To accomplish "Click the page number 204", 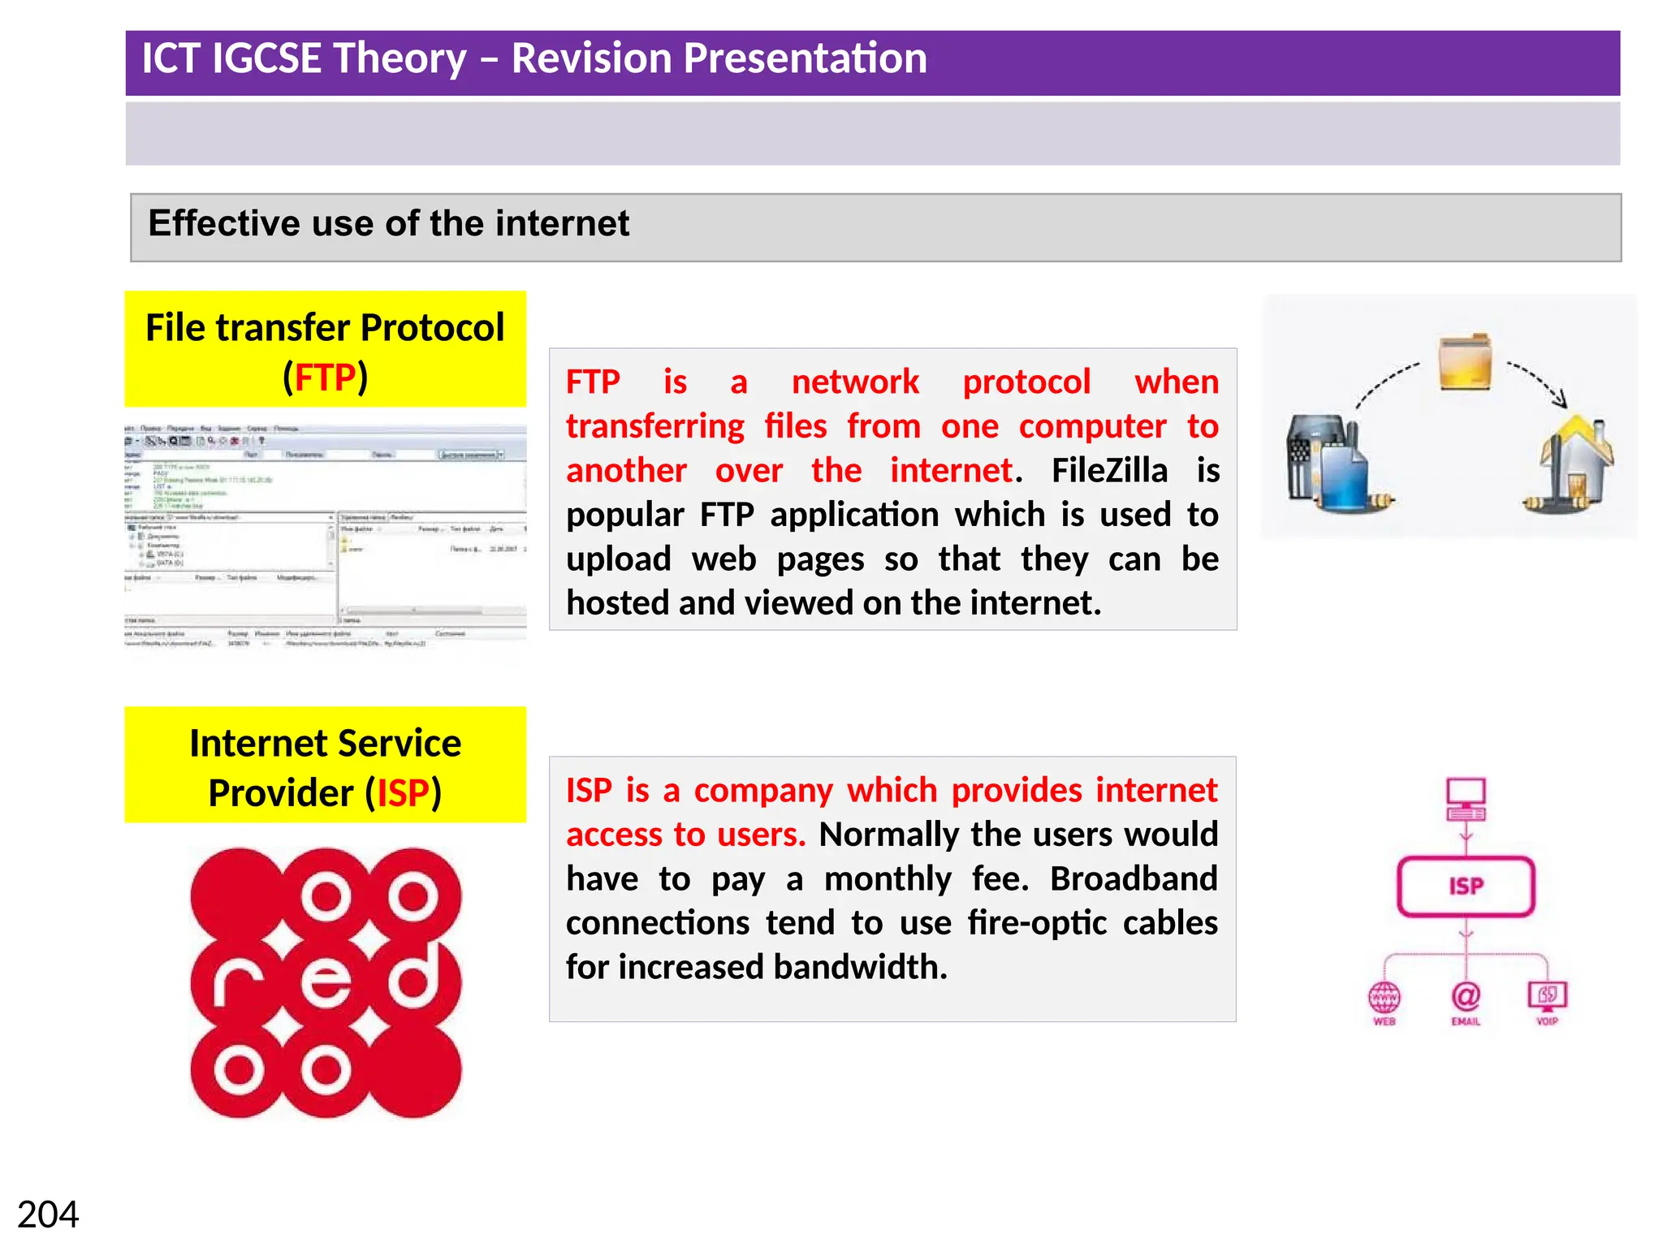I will point(48,1215).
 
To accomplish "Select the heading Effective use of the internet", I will point(388,223).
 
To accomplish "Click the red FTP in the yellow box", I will point(325,378).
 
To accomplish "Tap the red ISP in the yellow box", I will point(403,793).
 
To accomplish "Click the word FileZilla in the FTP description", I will point(1109,470).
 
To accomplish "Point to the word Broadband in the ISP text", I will point(1134,878).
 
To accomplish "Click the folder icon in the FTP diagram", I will point(1465,362).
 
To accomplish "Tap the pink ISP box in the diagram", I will point(1466,886).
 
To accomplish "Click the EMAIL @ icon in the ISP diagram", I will point(1466,996).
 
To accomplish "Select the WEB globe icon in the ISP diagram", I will point(1384,996).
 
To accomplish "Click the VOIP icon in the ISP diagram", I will point(1547,995).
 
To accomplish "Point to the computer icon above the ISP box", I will point(1466,799).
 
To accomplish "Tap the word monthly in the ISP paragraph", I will point(888,878).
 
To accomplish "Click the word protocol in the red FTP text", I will point(1026,382).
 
